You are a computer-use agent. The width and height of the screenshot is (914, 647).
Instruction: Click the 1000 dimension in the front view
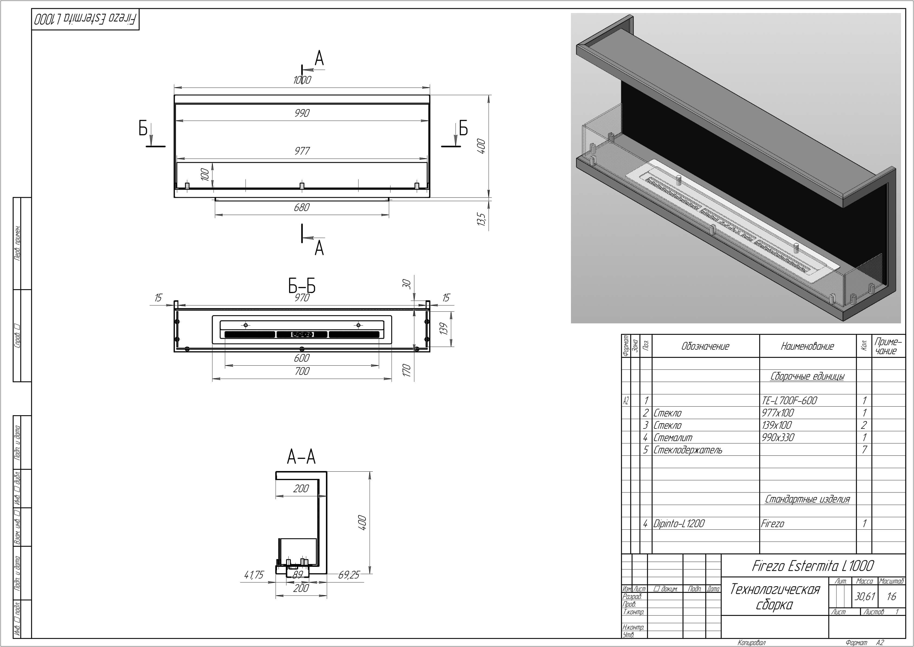pyautogui.click(x=302, y=80)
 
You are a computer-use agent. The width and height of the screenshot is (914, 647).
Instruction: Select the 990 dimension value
pyautogui.click(x=302, y=113)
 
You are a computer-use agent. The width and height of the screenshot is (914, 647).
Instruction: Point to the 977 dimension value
pyautogui.click(x=302, y=151)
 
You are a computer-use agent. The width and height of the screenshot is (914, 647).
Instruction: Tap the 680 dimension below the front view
pyautogui.click(x=302, y=208)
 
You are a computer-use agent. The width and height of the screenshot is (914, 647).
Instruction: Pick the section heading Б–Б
pyautogui.click(x=302, y=286)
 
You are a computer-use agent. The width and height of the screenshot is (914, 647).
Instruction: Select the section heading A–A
pyautogui.click(x=301, y=457)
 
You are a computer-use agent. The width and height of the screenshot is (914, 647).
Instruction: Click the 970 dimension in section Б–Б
pyautogui.click(x=302, y=298)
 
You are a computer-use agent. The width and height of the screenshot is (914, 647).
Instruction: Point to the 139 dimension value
pyautogui.click(x=444, y=329)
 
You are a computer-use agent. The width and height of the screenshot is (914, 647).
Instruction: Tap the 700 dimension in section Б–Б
pyautogui.click(x=302, y=371)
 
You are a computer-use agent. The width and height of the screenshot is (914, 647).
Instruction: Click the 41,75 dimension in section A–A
pyautogui.click(x=254, y=575)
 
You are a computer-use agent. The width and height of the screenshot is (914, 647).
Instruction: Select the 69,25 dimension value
pyautogui.click(x=348, y=575)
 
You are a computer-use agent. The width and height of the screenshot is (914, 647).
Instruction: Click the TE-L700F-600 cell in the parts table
pyautogui.click(x=789, y=401)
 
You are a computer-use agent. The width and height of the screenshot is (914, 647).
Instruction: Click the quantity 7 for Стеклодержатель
pyautogui.click(x=864, y=450)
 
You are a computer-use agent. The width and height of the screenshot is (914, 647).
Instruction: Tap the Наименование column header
pyautogui.click(x=807, y=346)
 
